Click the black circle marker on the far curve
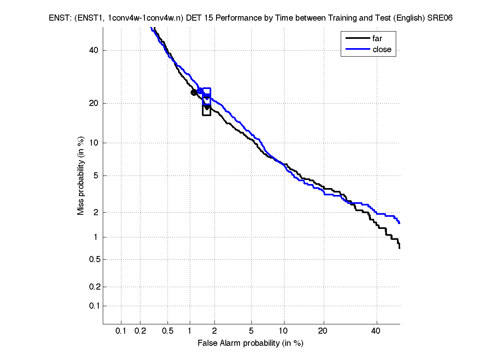pyautogui.click(x=194, y=92)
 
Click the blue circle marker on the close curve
pyautogui.click(x=200, y=91)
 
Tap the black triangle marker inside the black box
pyautogui.click(x=207, y=107)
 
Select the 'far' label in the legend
pyautogui.click(x=377, y=38)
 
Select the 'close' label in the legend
pyautogui.click(x=382, y=49)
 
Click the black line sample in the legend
pyautogui.click(x=358, y=38)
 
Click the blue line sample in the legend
pyautogui.click(x=358, y=49)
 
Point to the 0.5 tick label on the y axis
pyautogui.click(x=92, y=259)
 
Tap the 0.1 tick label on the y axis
pyautogui.click(x=92, y=306)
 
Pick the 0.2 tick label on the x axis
pyautogui.click(x=140, y=331)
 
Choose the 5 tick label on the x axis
pyautogui.click(x=251, y=331)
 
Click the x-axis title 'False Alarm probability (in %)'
pyautogui.click(x=250, y=343)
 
